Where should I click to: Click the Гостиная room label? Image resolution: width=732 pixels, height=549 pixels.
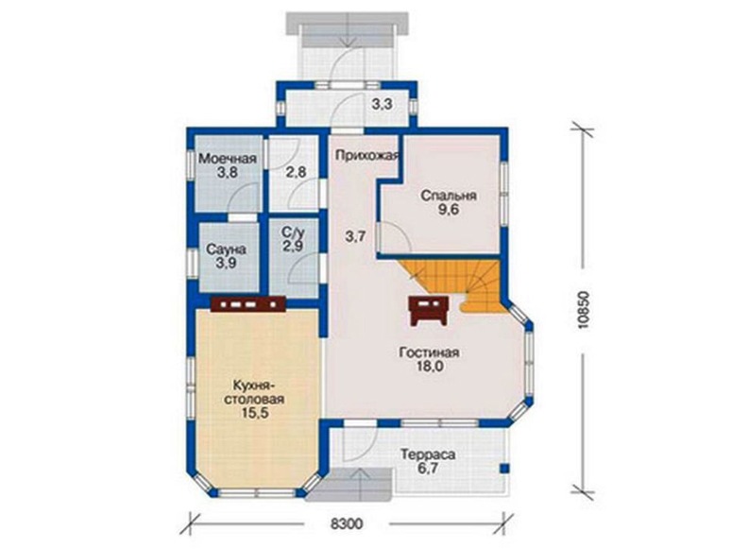point(429,352)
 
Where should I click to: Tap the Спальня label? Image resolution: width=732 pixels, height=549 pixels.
point(448,196)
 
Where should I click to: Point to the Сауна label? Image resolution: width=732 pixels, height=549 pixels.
point(226,249)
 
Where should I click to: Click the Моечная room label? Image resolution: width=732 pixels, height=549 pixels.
point(228,159)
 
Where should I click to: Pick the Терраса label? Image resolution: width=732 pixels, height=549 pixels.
point(428,455)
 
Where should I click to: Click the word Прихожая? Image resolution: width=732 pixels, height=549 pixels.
point(367,156)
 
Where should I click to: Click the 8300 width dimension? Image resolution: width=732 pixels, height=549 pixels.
point(347,524)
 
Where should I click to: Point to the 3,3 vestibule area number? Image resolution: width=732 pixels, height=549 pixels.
point(382,105)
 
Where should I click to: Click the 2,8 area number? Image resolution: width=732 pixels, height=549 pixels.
point(296,172)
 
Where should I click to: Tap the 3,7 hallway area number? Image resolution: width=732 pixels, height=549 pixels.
point(355,237)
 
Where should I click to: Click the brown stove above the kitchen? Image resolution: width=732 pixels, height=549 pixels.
point(247,304)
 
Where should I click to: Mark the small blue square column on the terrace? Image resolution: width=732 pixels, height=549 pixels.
point(504,468)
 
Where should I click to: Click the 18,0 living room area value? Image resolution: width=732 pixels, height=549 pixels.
point(429,367)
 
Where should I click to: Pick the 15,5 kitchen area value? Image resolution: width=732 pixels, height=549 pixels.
point(255,414)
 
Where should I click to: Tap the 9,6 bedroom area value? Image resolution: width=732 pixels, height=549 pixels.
point(448,210)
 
